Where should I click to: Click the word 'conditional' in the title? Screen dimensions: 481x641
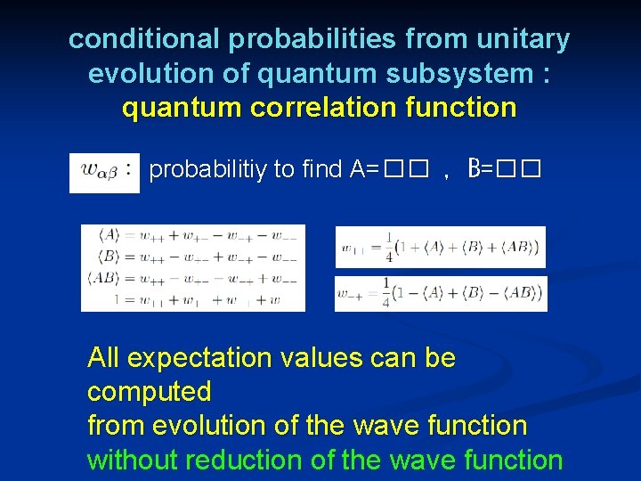143,39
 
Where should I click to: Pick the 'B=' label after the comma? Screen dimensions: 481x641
481,169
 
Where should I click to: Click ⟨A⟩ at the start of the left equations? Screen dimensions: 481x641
108,235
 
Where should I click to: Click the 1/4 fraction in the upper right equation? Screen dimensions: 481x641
385,248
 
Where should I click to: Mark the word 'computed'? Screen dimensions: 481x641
149,392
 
